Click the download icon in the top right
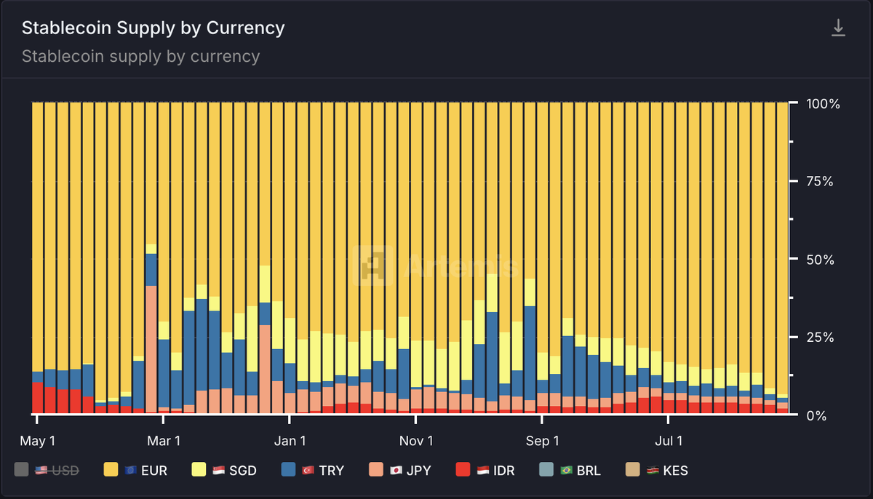tap(838, 28)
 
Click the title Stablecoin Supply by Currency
tap(153, 28)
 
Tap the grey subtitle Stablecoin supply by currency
tap(140, 56)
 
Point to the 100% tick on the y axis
tap(823, 104)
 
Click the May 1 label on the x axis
tap(37, 441)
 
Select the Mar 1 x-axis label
tap(163, 441)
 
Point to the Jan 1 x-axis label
tap(290, 441)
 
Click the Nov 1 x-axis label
tap(416, 441)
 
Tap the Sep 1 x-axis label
tap(542, 441)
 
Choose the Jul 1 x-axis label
tap(668, 441)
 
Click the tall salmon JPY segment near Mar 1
tap(151, 349)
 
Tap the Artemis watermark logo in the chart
tap(366, 264)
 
